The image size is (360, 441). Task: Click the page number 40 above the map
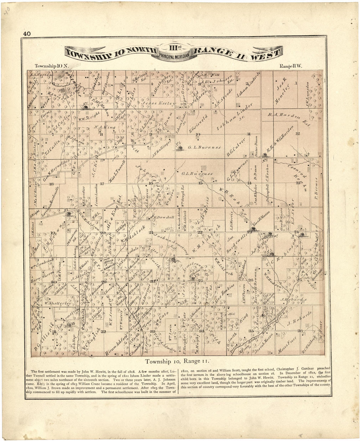point(27,33)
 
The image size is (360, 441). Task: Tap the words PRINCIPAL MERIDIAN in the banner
point(175,56)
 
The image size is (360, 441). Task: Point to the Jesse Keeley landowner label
point(158,103)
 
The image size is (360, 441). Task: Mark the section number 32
point(103,332)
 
